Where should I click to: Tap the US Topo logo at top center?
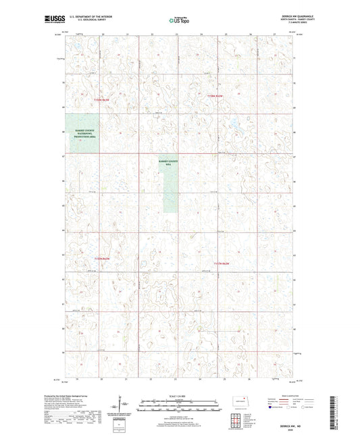click(180, 20)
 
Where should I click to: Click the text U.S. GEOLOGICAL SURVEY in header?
click(84, 21)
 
